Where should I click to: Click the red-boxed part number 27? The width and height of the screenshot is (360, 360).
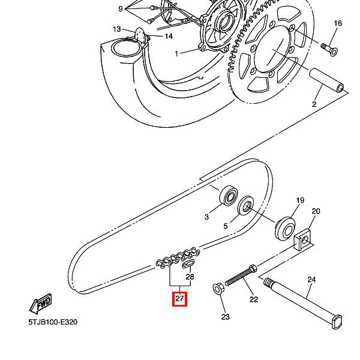[179, 298]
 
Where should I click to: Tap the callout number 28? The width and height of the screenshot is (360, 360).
[190, 277]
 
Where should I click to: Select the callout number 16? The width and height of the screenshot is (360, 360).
[338, 23]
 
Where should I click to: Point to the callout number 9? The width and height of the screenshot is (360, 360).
[121, 9]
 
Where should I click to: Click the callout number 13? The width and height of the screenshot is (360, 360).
[117, 29]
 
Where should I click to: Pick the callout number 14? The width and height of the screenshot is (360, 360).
[169, 36]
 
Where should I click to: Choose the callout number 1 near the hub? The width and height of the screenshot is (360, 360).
[177, 54]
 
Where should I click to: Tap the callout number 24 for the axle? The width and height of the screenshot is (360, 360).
[311, 280]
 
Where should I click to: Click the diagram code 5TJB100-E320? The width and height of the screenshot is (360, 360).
[53, 322]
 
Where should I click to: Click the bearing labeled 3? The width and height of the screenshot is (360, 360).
[229, 195]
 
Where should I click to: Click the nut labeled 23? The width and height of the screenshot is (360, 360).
[218, 289]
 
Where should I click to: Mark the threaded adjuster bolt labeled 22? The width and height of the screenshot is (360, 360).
[243, 277]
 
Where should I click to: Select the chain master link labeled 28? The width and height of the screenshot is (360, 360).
[187, 263]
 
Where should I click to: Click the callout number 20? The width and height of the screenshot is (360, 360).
[316, 211]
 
